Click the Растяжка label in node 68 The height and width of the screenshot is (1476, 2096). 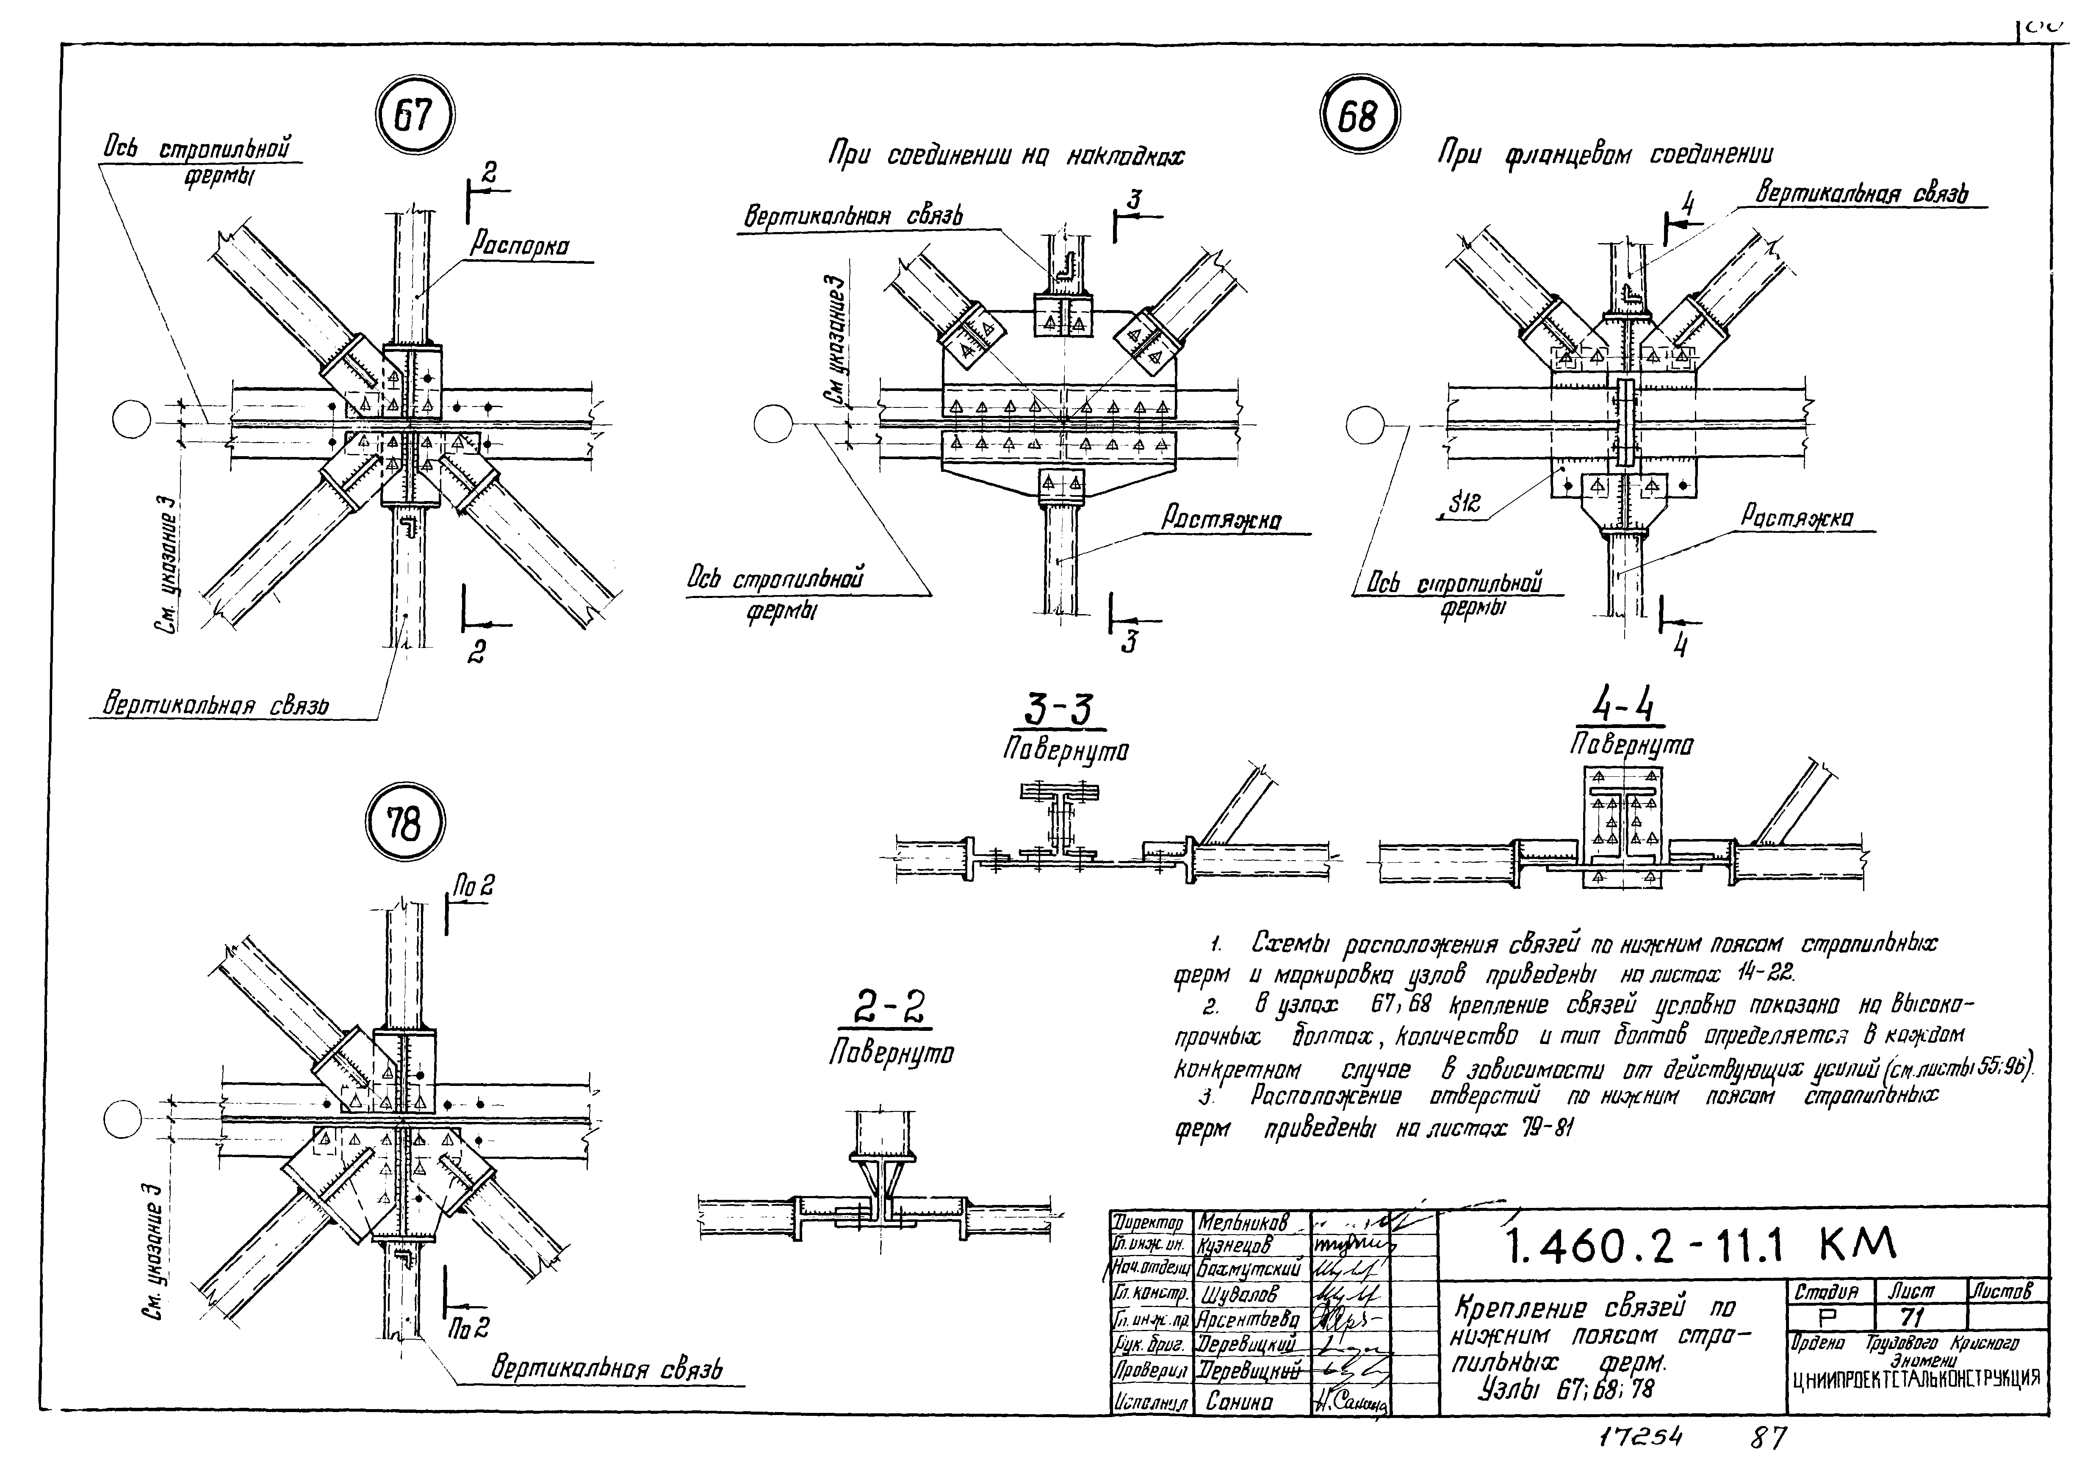tap(1797, 518)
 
